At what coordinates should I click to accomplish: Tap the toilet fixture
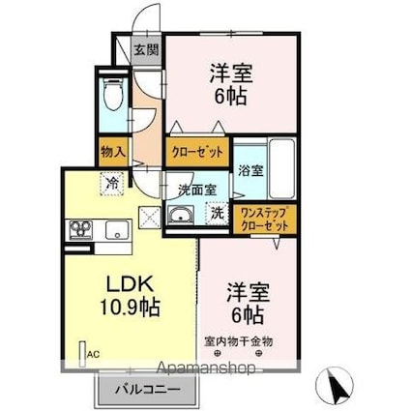coord(113,94)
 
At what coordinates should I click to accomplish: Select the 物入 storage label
coord(113,151)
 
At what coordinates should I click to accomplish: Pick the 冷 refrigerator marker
coord(112,183)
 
